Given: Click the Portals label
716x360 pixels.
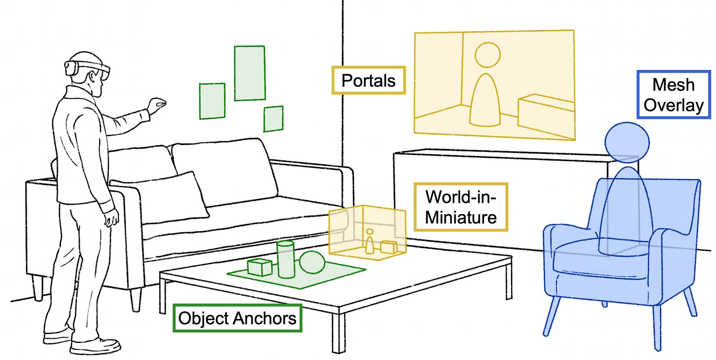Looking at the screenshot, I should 368,80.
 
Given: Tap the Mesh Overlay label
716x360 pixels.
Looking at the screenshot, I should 674,95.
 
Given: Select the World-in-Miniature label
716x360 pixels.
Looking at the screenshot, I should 461,207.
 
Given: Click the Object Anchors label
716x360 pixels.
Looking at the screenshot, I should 237,318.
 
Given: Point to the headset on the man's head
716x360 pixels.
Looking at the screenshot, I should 88,67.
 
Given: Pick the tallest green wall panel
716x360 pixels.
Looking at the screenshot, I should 249,73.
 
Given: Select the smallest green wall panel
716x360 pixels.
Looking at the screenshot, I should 273,119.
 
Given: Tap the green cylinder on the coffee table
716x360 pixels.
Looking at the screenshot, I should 286,259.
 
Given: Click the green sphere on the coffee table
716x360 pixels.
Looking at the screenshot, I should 312,262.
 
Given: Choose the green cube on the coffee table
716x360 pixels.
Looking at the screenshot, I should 260,267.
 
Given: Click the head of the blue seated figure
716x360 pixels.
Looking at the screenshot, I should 627,142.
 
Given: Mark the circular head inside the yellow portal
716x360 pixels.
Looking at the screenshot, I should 487,55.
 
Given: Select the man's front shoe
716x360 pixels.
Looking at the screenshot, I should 95,346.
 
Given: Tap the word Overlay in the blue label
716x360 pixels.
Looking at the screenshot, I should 674,105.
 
